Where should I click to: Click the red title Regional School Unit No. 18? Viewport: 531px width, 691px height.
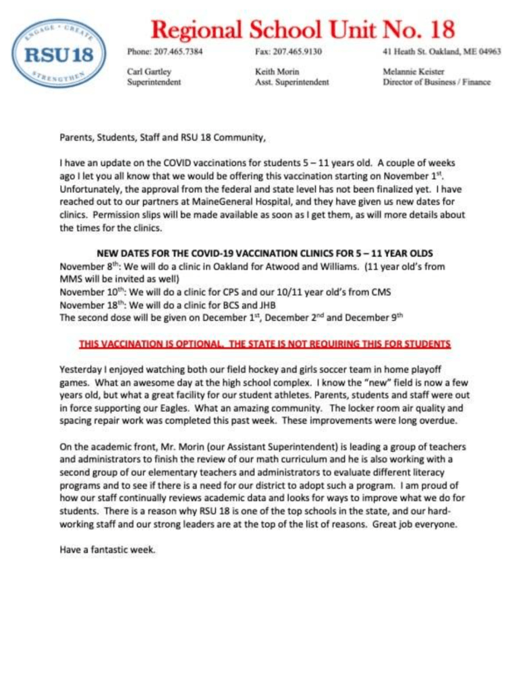click(x=302, y=28)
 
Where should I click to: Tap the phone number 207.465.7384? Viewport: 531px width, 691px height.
click(x=165, y=52)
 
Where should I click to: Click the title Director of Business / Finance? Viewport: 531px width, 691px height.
click(x=436, y=82)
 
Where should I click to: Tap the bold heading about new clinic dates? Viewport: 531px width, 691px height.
click(x=264, y=254)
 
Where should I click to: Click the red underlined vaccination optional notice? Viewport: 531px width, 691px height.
click(x=264, y=343)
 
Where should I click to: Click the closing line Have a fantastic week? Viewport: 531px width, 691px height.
click(x=107, y=549)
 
